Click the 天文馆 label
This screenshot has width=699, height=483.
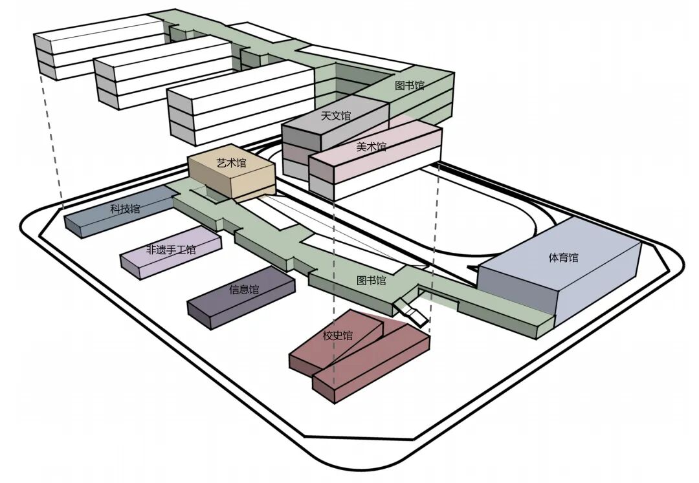click(336, 116)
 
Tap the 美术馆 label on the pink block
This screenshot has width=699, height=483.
click(372, 146)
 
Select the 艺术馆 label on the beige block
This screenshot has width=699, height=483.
click(231, 163)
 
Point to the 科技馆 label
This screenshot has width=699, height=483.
click(126, 208)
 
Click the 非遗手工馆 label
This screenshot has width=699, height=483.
click(171, 250)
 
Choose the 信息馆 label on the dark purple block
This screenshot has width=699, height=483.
click(244, 290)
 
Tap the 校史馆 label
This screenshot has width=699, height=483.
click(337, 335)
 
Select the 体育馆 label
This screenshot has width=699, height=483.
click(564, 257)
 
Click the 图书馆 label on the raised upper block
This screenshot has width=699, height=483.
click(410, 85)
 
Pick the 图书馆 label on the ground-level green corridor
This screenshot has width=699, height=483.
click(372, 281)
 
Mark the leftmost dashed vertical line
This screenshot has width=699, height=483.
click(51, 142)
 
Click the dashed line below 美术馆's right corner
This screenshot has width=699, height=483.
click(433, 248)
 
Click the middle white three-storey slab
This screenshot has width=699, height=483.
click(163, 72)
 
